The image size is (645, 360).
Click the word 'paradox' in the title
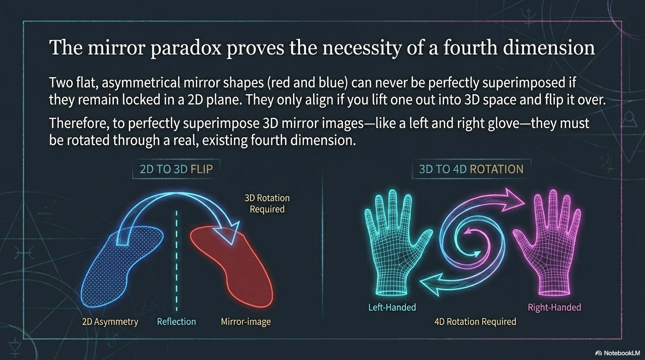(186, 48)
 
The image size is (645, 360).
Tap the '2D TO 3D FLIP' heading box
(176, 169)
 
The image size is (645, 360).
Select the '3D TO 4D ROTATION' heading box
(471, 169)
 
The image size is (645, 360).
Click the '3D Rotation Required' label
(267, 203)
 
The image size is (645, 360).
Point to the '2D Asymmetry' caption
(110, 322)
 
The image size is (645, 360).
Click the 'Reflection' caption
(176, 322)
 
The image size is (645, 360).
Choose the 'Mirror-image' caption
(246, 322)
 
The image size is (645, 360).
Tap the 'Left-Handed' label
(392, 307)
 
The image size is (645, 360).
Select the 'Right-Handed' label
(554, 307)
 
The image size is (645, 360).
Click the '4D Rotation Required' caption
(475, 322)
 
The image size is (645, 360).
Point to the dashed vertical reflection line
(177, 261)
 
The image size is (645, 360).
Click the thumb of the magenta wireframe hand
(522, 239)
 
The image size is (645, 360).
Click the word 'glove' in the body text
(503, 123)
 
